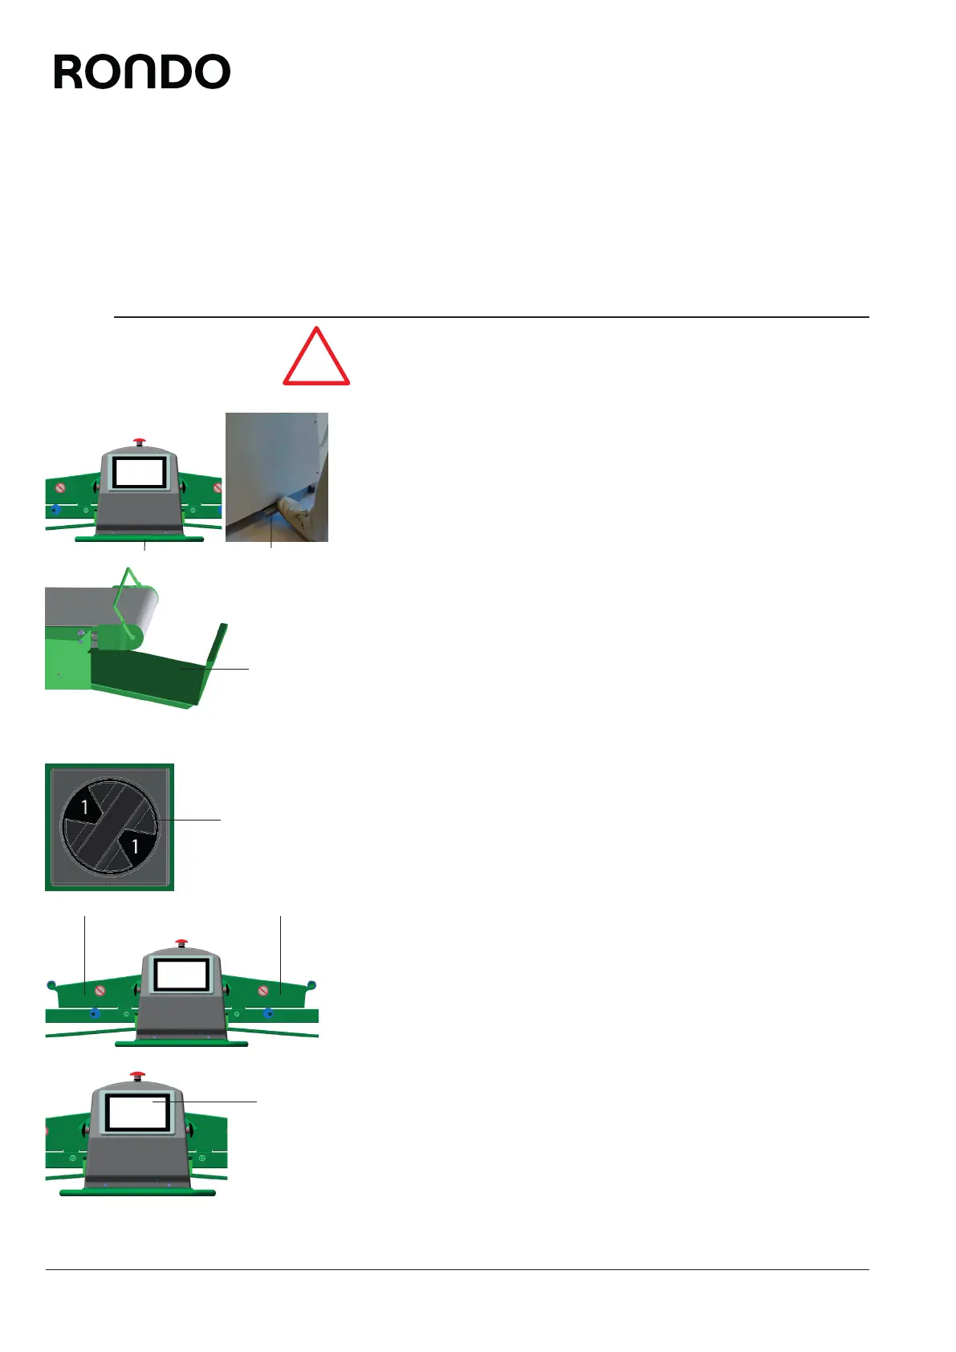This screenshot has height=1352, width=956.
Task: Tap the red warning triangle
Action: click(316, 358)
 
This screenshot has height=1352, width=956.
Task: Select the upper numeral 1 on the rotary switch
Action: click(84, 807)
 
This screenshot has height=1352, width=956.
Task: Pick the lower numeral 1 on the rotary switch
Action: click(135, 845)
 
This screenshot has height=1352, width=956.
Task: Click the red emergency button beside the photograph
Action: click(140, 441)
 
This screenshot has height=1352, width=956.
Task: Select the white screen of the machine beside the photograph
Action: click(140, 472)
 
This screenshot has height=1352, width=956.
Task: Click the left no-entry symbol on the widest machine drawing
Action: click(100, 990)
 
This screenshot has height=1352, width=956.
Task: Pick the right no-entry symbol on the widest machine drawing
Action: click(262, 990)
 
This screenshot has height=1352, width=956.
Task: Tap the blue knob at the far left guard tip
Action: click(51, 984)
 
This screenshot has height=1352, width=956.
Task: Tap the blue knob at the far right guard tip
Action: click(312, 984)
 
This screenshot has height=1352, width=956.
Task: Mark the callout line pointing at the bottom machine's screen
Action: click(209, 1102)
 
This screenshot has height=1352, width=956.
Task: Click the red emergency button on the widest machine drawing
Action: click(181, 942)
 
